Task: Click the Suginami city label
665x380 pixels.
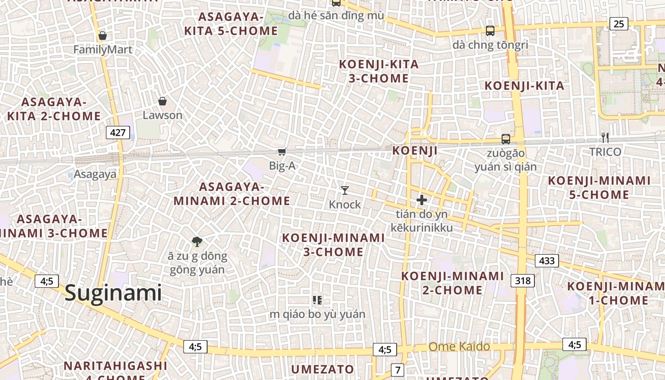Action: tap(113, 293)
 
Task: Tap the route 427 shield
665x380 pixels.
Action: tap(117, 133)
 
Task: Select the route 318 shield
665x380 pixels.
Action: tap(523, 281)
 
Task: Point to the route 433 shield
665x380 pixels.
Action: tap(547, 260)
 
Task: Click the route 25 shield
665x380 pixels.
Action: tap(618, 23)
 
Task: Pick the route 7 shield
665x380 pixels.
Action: tap(398, 369)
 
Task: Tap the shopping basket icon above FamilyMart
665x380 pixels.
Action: tap(103, 36)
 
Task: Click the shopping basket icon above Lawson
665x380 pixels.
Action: tap(162, 101)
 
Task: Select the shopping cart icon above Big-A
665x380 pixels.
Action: tap(282, 152)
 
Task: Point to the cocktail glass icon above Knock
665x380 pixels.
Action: tap(345, 190)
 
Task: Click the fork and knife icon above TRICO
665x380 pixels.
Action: tap(605, 138)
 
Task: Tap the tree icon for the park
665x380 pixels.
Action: tap(197, 242)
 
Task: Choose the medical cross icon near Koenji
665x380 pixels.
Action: tap(421, 200)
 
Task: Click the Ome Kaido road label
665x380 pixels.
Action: tap(459, 346)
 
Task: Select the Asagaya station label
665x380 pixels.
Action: tap(95, 174)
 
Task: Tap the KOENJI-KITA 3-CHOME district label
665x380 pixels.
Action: tap(379, 71)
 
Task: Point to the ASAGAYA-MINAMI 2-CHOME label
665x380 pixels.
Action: tap(231, 193)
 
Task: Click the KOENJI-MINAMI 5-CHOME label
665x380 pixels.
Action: tap(599, 188)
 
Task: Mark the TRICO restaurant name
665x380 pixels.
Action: tap(605, 152)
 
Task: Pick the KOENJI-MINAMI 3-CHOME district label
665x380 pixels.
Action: tap(333, 245)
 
